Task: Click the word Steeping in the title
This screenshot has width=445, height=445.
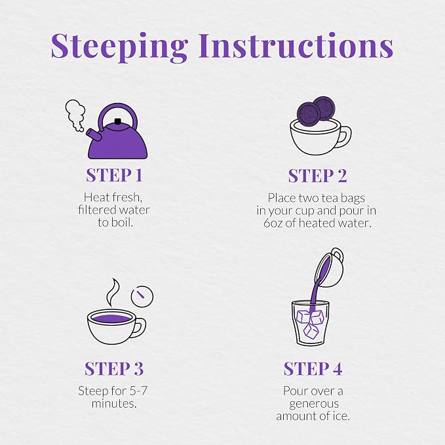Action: [119, 47]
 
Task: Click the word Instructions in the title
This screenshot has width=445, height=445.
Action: [296, 45]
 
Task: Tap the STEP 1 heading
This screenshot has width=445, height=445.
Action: [114, 175]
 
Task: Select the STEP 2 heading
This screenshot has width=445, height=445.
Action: [317, 176]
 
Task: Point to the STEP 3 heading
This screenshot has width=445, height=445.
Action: [114, 369]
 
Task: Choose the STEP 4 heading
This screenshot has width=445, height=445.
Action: [313, 369]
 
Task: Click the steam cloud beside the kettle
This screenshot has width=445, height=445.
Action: [75, 115]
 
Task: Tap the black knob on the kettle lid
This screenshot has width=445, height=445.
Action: [117, 121]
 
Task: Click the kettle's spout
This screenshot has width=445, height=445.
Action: [94, 134]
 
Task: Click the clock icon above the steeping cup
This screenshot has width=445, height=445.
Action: [142, 296]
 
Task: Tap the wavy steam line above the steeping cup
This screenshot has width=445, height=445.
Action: [112, 292]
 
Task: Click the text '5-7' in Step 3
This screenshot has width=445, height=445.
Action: [138, 391]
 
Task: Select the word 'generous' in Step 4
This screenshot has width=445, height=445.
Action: [314, 404]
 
